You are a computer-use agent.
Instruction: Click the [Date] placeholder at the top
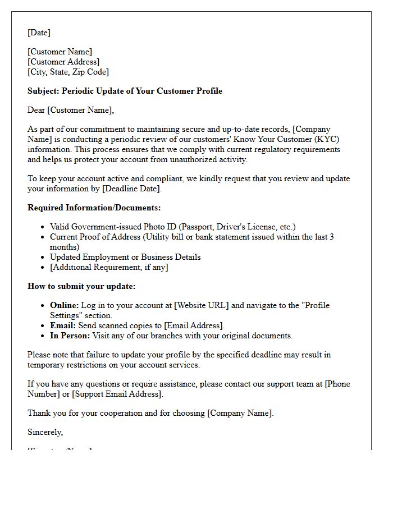(x=39, y=33)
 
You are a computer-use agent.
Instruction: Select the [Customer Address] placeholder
(x=63, y=62)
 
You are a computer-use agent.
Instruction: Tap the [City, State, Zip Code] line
(x=68, y=72)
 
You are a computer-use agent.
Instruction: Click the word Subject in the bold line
(x=43, y=91)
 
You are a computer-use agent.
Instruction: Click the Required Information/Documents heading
(x=94, y=208)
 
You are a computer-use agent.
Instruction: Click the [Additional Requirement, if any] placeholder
(x=109, y=267)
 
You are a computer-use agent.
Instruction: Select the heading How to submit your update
(x=81, y=286)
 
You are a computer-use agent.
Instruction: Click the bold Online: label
(x=65, y=305)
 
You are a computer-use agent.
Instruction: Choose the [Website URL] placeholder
(x=200, y=305)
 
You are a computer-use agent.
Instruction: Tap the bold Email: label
(x=63, y=325)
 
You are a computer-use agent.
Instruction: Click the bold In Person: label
(x=70, y=336)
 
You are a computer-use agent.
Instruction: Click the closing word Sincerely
(x=45, y=432)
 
